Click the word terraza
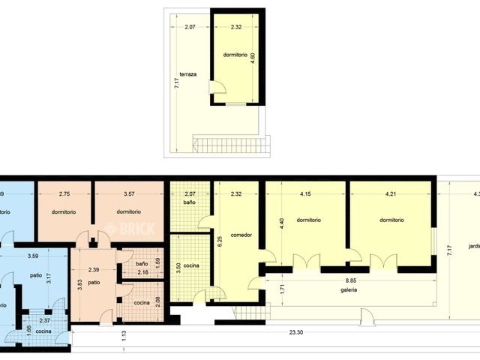pos(187,74)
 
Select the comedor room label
pos(241,235)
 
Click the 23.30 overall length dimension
pos(296,332)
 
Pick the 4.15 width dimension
pos(304,195)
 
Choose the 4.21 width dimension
pos(390,195)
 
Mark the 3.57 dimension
pos(129,195)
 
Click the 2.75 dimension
pos(64,195)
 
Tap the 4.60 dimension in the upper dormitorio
pos(253,57)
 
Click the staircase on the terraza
pos(231,143)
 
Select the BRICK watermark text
pos(135,229)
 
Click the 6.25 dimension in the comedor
pos(220,241)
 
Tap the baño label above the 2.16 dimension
pos(142,263)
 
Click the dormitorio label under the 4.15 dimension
pos(308,220)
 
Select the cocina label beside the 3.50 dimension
pos(191,265)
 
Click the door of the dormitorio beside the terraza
pos(217,88)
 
